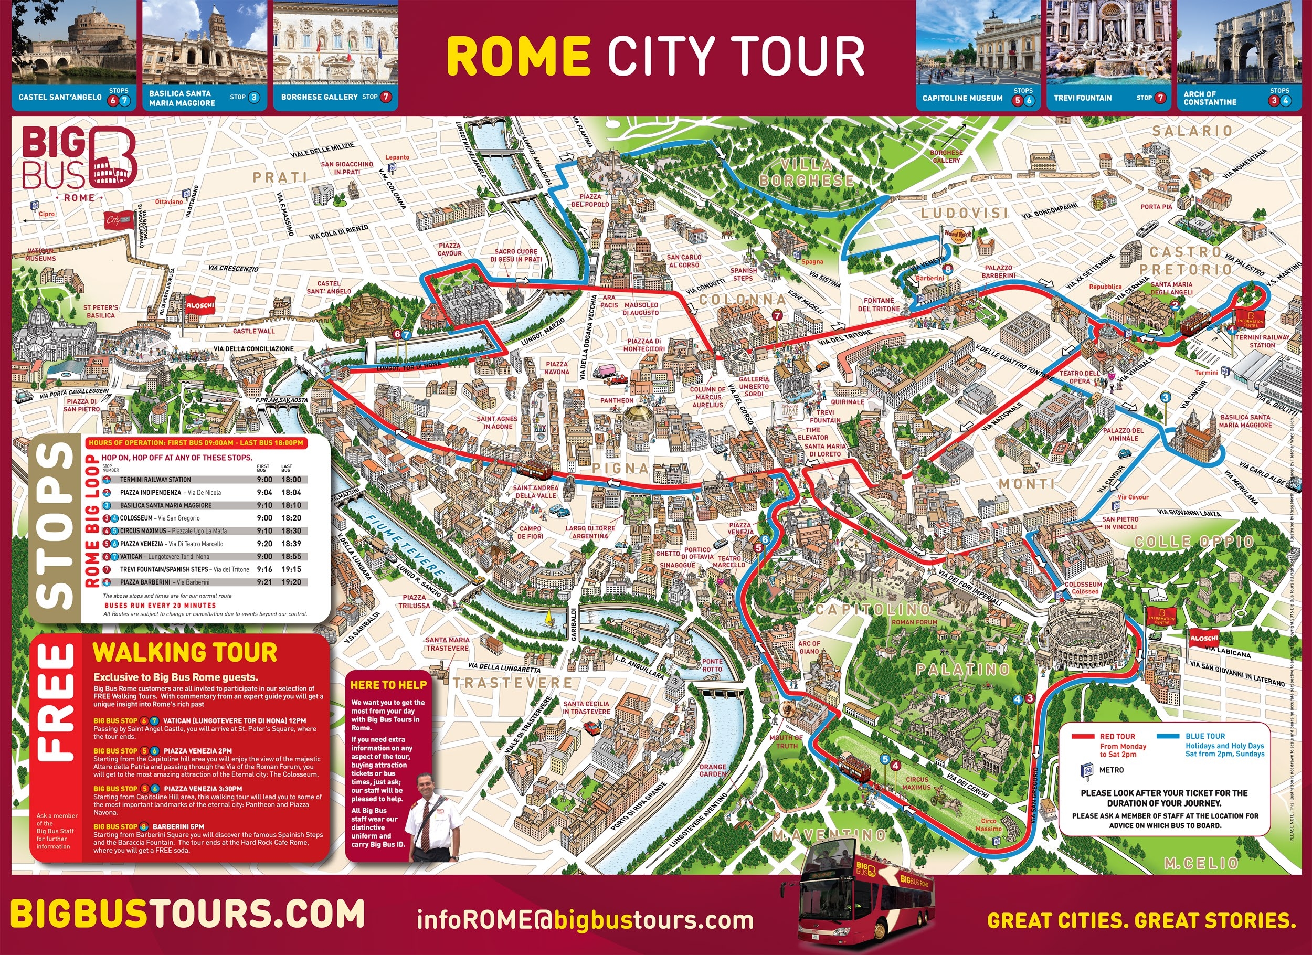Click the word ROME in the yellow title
tap(519, 56)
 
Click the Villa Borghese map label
tap(807, 173)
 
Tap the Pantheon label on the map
tap(617, 400)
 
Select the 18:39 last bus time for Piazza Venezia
tap(290, 544)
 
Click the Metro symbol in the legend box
tap(1086, 770)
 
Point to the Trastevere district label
tap(512, 683)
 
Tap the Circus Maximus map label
tap(916, 783)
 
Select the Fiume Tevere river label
tap(405, 543)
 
